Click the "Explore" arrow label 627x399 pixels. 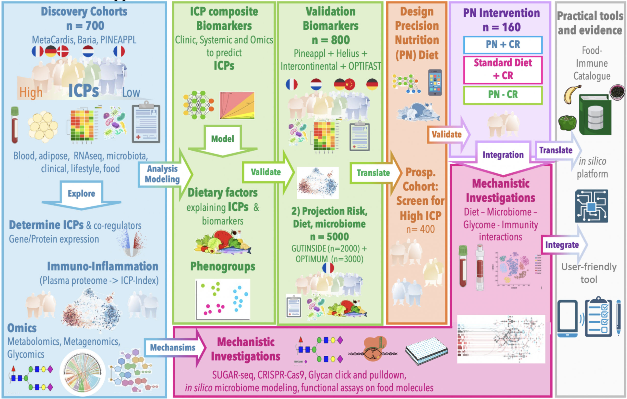81,193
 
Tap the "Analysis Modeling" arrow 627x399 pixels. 162,174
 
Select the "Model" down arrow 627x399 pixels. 223,139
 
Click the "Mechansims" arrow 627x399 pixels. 173,347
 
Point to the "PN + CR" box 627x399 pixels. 503,45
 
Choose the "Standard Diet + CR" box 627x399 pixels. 503,69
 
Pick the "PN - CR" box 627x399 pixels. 503,95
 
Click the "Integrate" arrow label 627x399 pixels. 562,245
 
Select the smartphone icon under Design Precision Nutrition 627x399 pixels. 435,83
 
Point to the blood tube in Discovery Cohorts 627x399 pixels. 15,125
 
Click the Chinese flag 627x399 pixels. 350,84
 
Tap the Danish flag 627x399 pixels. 63,51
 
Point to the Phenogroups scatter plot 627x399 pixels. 223,299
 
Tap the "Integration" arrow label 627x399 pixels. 503,155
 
